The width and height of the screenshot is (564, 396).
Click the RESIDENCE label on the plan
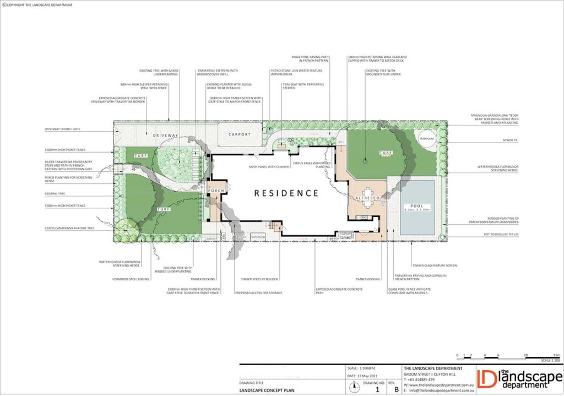coord(286,193)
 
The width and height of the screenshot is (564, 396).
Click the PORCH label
coord(215,190)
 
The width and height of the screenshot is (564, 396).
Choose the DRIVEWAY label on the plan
coord(166,135)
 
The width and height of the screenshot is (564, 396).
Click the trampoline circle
coord(428,138)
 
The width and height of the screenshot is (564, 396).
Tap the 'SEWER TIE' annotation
coord(510,140)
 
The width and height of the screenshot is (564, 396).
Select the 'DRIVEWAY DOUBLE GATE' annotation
coord(62,129)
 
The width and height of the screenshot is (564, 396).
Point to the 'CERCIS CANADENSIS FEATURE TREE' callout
coord(67,228)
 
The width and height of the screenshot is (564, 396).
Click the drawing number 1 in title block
coord(377,389)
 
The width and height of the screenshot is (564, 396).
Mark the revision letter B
coord(395,389)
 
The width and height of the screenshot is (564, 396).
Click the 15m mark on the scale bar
coord(556,355)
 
